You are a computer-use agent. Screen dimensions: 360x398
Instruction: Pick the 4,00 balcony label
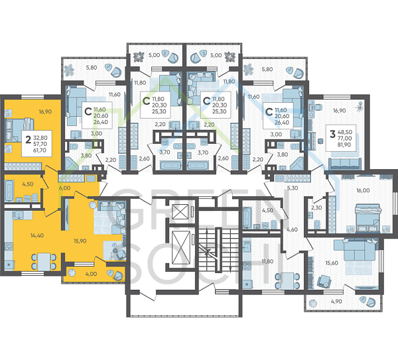pyautogui.click(x=90, y=273)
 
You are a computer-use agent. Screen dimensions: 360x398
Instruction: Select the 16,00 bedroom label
pyautogui.click(x=362, y=190)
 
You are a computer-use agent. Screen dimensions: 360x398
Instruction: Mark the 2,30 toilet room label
pyautogui.click(x=316, y=208)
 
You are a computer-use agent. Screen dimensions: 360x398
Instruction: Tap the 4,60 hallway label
pyautogui.click(x=292, y=229)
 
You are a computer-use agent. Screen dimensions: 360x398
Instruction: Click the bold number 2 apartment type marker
pyautogui.click(x=27, y=140)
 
